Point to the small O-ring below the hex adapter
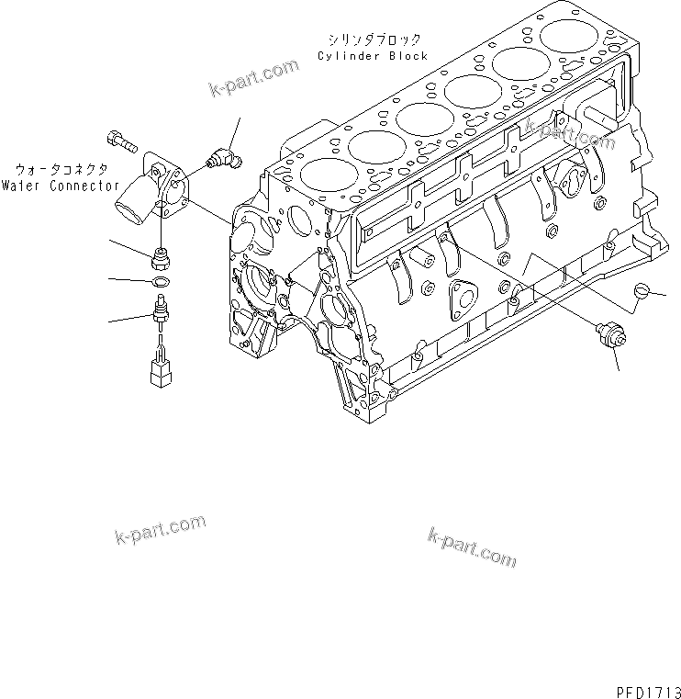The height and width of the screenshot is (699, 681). tap(162, 279)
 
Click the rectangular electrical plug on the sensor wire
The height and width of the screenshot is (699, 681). tap(160, 373)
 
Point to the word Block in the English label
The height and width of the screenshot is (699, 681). tap(407, 56)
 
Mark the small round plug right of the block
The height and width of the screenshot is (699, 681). tap(642, 292)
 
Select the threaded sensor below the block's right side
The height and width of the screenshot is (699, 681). tap(609, 336)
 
